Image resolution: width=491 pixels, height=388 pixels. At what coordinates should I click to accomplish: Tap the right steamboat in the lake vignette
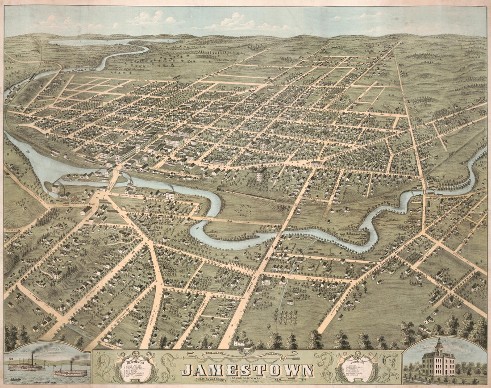click(70, 371)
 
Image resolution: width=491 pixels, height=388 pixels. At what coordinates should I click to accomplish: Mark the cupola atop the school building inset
click(439, 345)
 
